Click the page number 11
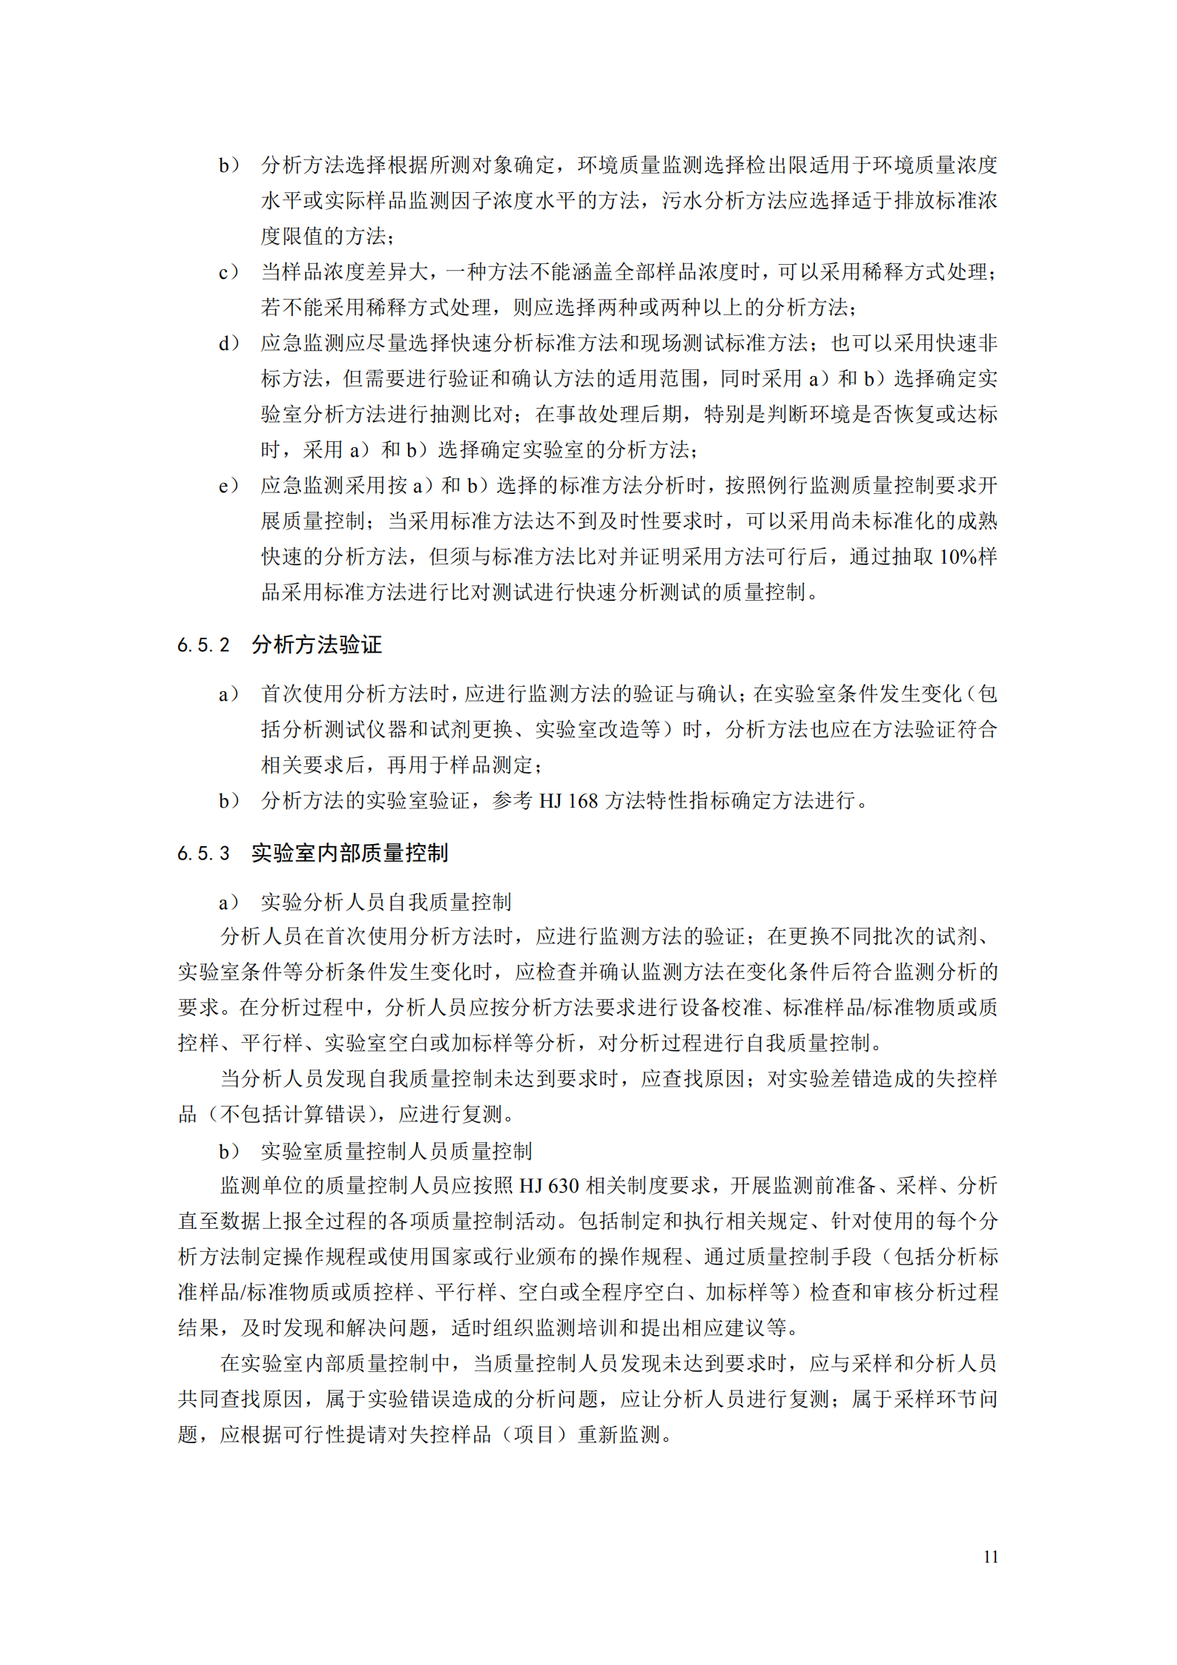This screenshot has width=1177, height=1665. coord(990,1556)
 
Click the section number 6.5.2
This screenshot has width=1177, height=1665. coord(203,645)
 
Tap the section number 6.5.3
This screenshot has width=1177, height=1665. coord(203,854)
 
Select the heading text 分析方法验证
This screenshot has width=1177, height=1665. coord(317,644)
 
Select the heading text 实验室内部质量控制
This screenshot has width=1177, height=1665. coord(349,853)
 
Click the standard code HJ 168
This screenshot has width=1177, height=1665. coord(568,801)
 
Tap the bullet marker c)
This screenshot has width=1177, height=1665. coord(228,272)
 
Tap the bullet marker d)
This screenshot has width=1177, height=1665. coord(228,343)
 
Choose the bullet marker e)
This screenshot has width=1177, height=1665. coord(228,486)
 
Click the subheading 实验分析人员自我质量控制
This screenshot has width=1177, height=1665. coord(386,902)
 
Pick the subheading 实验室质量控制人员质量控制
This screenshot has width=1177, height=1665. coord(396,1151)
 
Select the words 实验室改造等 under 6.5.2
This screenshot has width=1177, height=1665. coord(598,729)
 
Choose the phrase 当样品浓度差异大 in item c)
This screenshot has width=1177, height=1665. coord(345,272)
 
